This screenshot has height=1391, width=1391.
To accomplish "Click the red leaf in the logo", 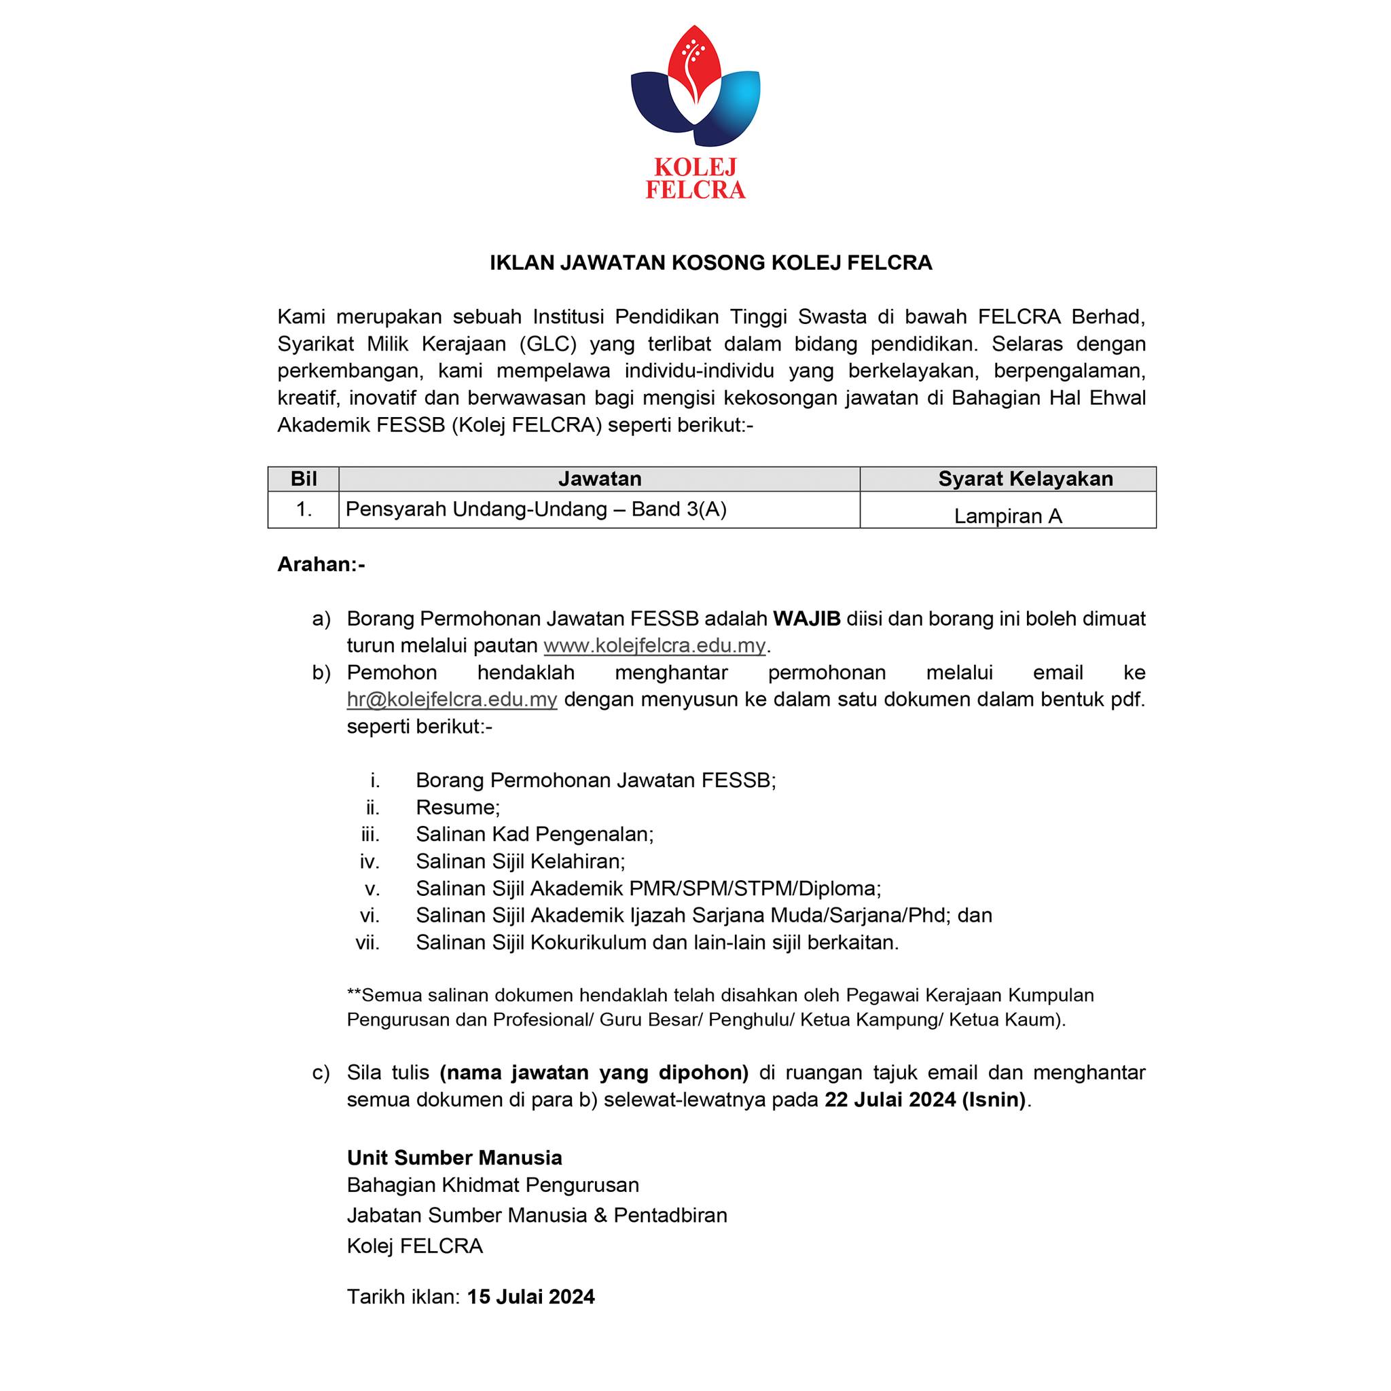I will [694, 65].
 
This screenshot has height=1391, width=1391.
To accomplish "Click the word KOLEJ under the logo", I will [695, 168].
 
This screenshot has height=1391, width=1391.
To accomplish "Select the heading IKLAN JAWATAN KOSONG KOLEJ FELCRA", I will [710, 263].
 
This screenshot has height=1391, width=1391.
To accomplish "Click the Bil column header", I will [303, 479].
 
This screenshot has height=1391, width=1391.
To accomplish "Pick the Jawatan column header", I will [600, 479].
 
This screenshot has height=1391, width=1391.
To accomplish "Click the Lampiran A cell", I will [1008, 516].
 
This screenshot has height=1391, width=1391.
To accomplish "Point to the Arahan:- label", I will [321, 564].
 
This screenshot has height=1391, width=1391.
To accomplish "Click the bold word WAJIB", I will [807, 619].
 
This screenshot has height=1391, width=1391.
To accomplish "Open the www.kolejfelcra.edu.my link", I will [655, 645].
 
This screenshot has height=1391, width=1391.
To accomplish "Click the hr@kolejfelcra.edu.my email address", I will [452, 699].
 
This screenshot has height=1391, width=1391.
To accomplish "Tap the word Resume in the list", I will [458, 807].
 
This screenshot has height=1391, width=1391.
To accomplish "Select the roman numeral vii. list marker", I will [367, 942].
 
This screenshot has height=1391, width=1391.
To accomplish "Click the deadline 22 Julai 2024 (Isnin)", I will [925, 1100].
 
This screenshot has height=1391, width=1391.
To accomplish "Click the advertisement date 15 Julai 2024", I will [531, 1297].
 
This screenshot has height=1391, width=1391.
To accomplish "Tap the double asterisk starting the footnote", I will [353, 995].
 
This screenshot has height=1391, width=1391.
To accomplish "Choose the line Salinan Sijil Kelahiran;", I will [520, 861].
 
